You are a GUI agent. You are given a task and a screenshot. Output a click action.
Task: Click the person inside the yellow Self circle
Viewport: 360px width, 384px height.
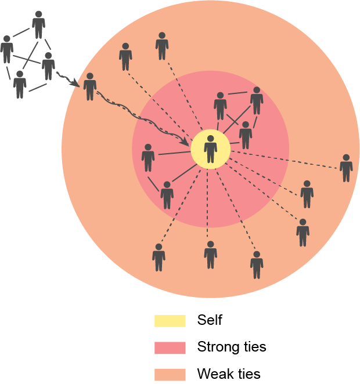[x=211, y=149]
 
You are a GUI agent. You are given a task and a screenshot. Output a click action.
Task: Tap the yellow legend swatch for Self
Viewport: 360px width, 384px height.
[x=170, y=321]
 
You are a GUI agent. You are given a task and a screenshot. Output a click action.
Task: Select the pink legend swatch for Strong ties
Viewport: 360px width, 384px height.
[x=170, y=347]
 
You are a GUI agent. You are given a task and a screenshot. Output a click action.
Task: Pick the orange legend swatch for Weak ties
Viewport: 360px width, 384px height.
[x=170, y=374]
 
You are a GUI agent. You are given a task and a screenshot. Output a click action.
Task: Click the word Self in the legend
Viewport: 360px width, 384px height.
[x=210, y=320]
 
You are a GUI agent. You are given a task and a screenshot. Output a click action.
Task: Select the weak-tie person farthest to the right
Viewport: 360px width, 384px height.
[x=346, y=168]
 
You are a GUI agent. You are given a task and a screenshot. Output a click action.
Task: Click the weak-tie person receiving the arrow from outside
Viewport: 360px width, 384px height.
[x=89, y=87]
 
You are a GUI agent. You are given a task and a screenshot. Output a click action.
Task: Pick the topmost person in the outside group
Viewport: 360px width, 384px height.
[x=38, y=24]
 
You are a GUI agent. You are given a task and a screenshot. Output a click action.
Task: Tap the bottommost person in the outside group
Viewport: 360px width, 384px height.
[x=20, y=85]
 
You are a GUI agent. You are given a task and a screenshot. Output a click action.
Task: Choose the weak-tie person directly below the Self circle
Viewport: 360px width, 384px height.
[x=211, y=255]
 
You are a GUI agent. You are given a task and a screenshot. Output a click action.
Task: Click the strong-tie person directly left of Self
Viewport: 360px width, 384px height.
[x=148, y=158]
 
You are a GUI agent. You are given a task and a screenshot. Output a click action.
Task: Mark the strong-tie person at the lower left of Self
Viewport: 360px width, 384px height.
[x=167, y=195]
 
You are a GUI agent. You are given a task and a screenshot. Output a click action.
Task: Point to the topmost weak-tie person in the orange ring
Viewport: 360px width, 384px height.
[x=162, y=46]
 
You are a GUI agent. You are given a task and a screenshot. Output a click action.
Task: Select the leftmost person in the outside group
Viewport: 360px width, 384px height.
[x=7, y=49]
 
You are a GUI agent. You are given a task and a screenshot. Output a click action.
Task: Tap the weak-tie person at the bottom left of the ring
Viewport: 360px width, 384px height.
[x=159, y=258]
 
